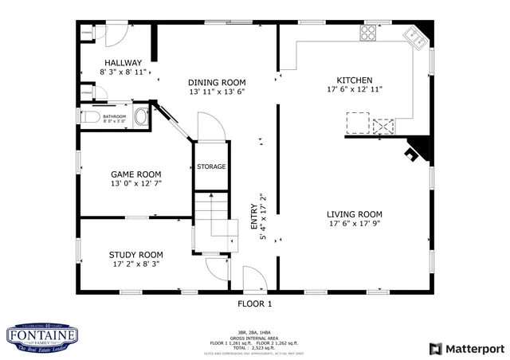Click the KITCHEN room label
point(354,80)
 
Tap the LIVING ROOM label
point(354,214)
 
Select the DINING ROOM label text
point(217,82)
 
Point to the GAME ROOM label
point(135,174)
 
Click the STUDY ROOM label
point(135,255)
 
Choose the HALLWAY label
point(123,62)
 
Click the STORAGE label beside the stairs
point(211,166)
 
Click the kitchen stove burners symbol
point(368,33)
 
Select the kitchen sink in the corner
point(414,35)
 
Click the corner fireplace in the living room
point(415,151)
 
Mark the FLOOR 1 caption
point(255,303)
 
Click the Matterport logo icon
point(434,348)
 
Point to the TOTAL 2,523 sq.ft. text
point(255,348)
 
